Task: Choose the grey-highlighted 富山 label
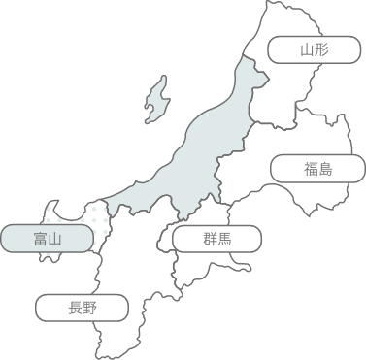pos(46,238)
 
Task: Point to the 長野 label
pos(83,310)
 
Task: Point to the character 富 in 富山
pos(37,238)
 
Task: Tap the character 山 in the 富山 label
pos(54,238)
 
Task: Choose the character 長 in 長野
pos(74,310)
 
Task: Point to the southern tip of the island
pos(150,122)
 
